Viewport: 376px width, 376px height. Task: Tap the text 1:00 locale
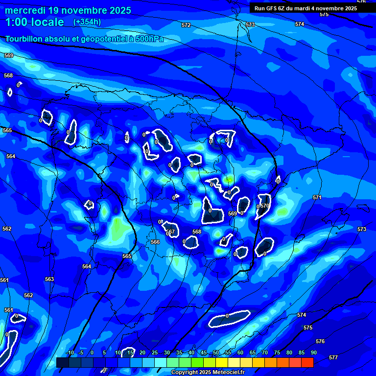click(34, 22)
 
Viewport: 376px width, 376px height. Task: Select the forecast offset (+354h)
click(87, 22)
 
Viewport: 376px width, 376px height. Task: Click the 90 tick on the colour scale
click(313, 353)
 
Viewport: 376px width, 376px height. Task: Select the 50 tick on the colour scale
click(215, 353)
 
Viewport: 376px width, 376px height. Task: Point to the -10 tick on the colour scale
click(70, 353)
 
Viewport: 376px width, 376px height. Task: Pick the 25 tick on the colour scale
click(154, 353)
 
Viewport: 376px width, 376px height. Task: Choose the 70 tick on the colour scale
click(264, 353)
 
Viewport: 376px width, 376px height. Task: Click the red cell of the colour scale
click(307, 362)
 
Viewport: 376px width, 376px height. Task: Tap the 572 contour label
click(186, 25)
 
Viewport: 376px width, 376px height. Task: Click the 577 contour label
click(333, 357)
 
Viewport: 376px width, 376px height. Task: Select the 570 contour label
click(265, 206)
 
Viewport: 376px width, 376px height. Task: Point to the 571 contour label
click(317, 197)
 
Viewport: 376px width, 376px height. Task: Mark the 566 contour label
click(155, 242)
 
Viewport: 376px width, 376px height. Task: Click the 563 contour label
click(49, 279)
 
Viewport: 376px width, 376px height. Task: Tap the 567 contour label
click(171, 232)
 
